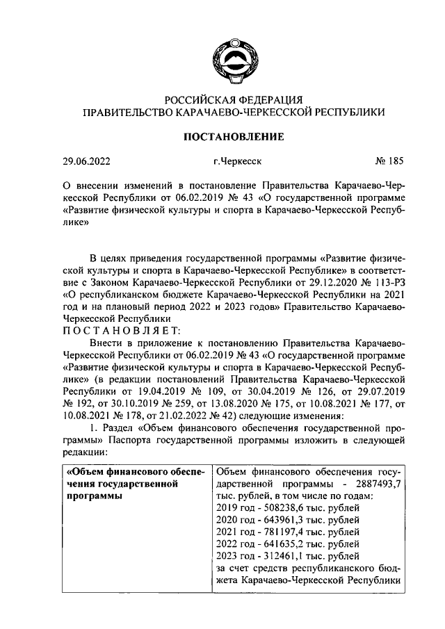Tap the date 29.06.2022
tap(87, 163)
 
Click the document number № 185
tap(388, 163)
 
